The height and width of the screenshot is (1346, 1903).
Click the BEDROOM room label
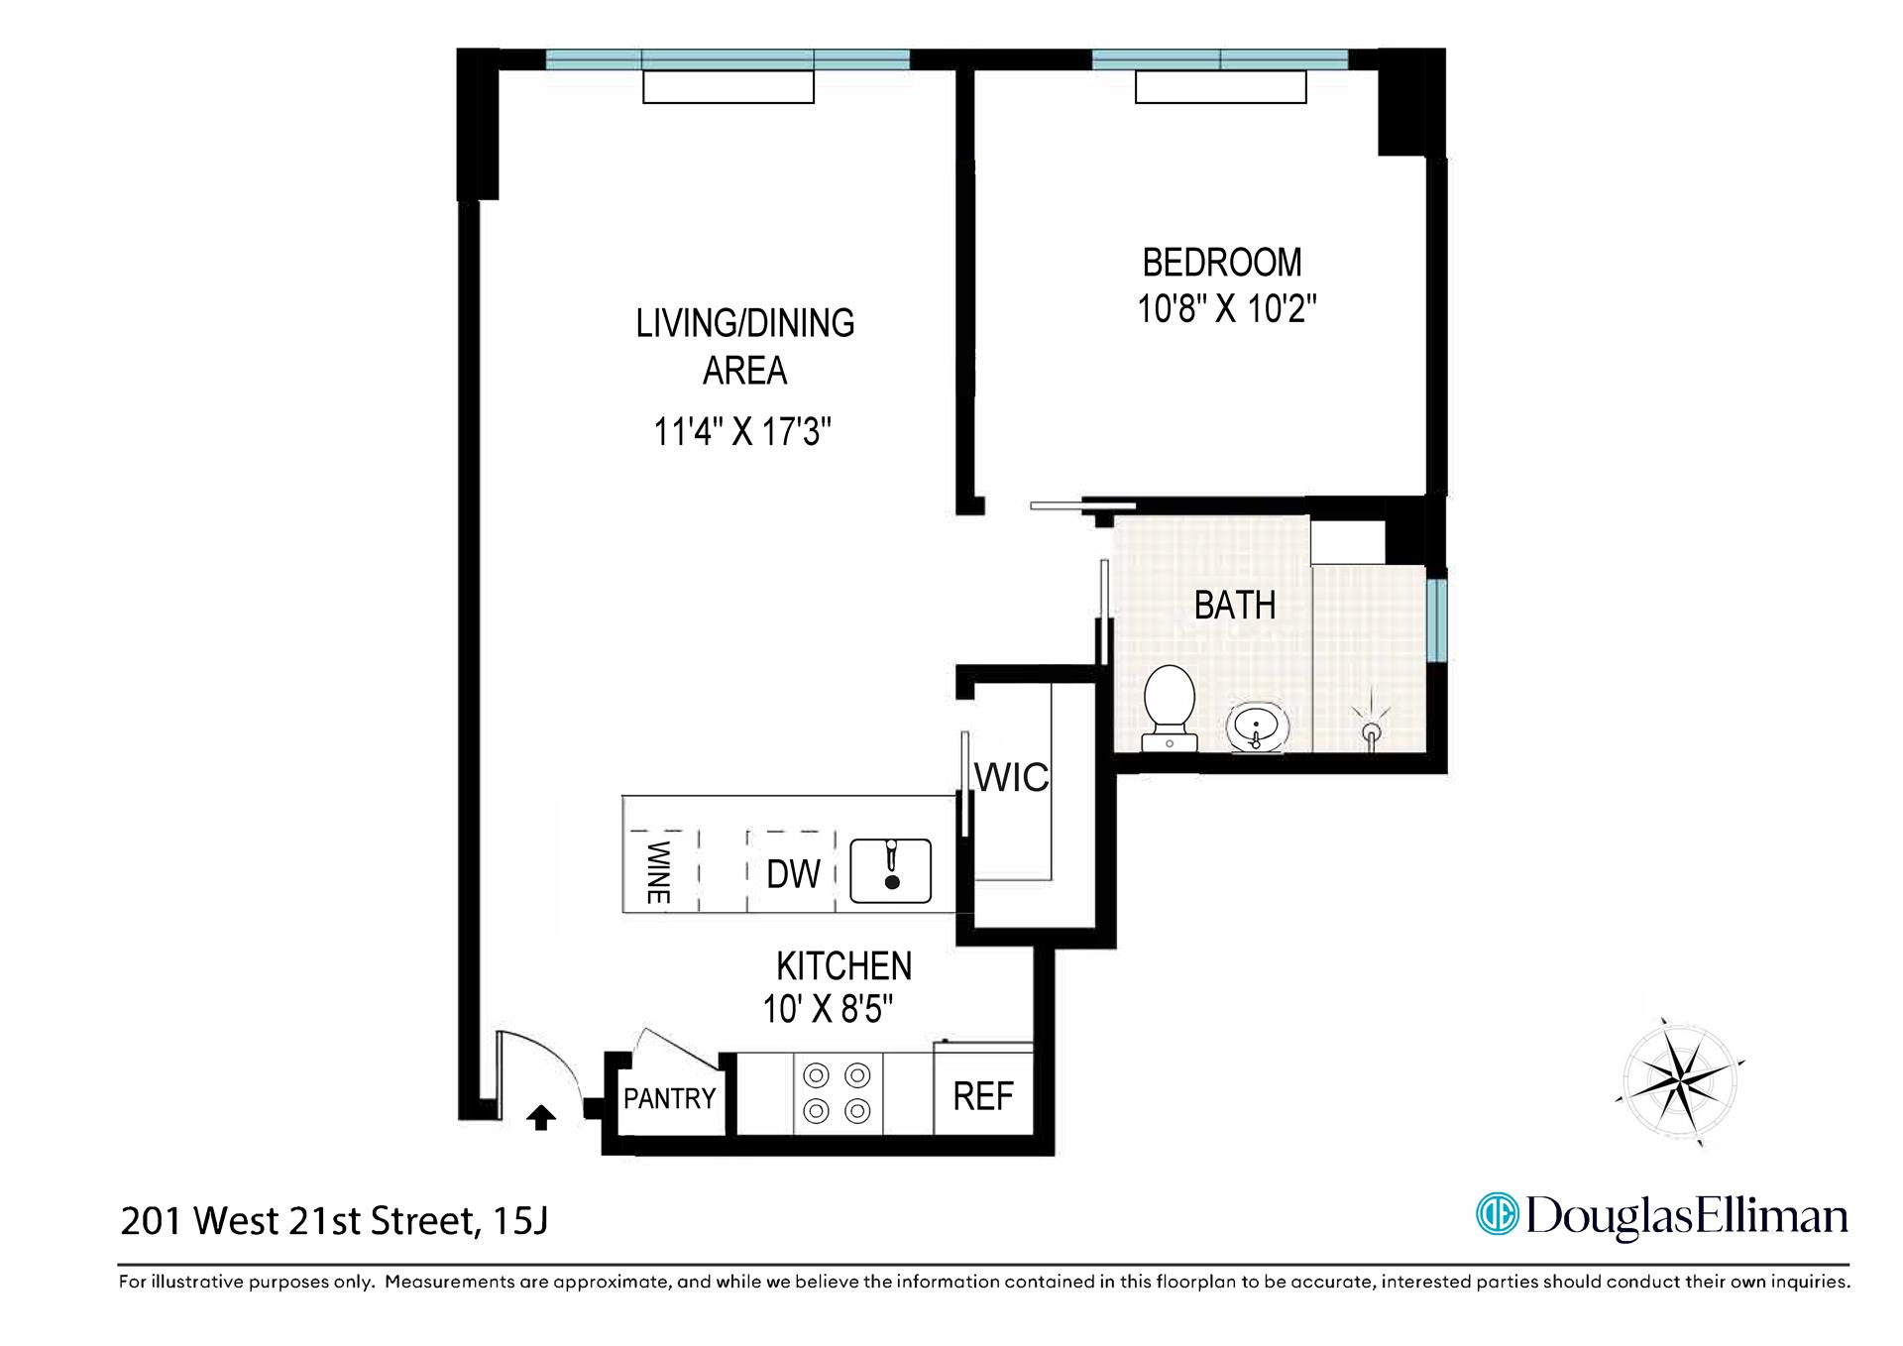click(1222, 263)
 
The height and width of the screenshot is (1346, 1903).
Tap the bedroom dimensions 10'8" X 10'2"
click(1226, 309)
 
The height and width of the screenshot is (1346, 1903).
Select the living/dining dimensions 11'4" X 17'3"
click(742, 432)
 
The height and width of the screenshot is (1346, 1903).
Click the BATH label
click(1234, 606)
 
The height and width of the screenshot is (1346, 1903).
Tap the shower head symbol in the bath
click(1372, 731)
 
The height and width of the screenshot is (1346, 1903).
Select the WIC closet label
click(1011, 778)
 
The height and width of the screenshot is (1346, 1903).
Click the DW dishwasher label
click(793, 874)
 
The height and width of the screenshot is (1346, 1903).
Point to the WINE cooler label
click(658, 872)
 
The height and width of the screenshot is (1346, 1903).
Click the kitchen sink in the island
click(891, 870)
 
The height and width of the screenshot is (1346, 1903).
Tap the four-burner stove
click(838, 1093)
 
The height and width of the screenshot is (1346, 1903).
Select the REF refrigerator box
click(983, 1096)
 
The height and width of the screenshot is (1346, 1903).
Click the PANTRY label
click(669, 1098)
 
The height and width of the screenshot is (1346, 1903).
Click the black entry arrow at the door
click(541, 1118)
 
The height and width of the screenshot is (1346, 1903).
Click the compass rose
click(1679, 1080)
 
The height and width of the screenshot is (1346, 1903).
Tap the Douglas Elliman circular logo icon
click(1497, 1214)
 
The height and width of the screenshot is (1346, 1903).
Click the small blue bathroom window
click(1436, 619)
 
